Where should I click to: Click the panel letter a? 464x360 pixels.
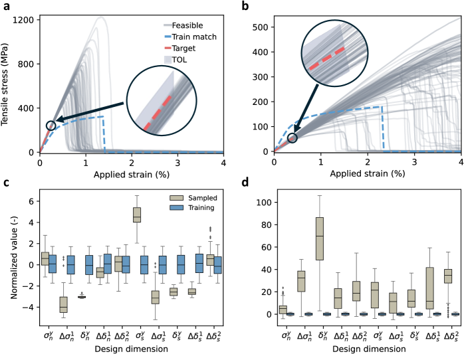(x=5, y=6)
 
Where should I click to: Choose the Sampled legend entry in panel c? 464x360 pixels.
(x=185, y=199)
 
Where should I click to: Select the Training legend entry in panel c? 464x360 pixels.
(x=185, y=209)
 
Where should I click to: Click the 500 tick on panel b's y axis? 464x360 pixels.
(x=262, y=27)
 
